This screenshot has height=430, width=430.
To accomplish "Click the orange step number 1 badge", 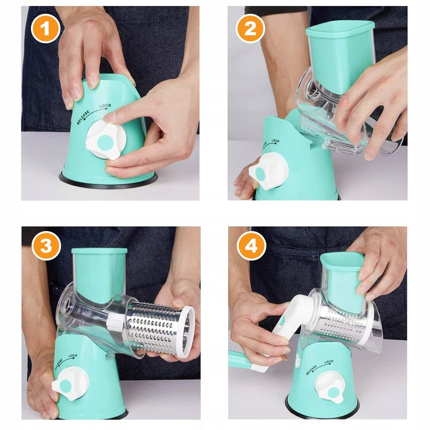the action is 45,29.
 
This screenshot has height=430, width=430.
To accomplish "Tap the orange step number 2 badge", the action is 250,29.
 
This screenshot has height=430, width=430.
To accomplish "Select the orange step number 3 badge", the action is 46,245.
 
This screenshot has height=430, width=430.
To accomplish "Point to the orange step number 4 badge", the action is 251,245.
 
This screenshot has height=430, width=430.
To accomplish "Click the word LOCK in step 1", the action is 105,106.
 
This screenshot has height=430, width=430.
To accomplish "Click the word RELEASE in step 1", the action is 83,118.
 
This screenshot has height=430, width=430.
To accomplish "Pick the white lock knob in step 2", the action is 268,171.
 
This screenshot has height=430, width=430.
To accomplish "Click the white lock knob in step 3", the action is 70,383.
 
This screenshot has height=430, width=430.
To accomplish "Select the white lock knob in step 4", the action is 332,388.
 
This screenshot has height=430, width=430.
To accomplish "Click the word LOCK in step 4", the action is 329,362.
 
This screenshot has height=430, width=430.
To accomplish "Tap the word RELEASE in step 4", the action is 312,370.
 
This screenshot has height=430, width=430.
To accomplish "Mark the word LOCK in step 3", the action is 73,356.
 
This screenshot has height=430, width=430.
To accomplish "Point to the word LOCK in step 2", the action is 275,141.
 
